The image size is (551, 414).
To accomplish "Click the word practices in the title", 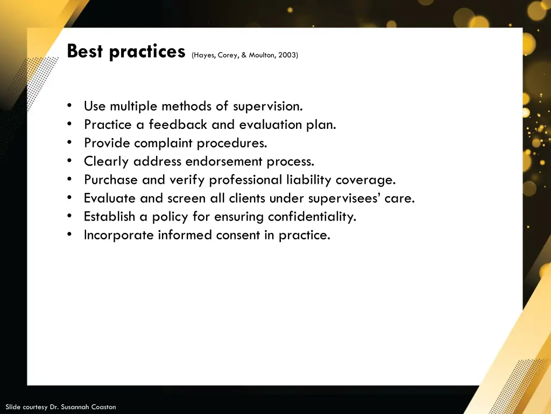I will click(x=147, y=52).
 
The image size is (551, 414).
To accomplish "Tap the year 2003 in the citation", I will click(x=287, y=55).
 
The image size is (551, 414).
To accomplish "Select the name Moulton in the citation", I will click(x=262, y=55).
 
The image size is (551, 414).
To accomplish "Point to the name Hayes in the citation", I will click(x=204, y=55).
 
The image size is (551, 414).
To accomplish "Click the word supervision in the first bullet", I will click(x=267, y=106).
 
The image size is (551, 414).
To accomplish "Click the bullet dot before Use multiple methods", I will click(x=70, y=106).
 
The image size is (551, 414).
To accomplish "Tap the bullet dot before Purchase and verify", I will click(x=70, y=180).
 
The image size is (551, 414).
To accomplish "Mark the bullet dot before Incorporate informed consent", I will click(x=70, y=234).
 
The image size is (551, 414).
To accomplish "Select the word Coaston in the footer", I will click(x=103, y=407).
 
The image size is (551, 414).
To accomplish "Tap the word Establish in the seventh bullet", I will click(x=109, y=216).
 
